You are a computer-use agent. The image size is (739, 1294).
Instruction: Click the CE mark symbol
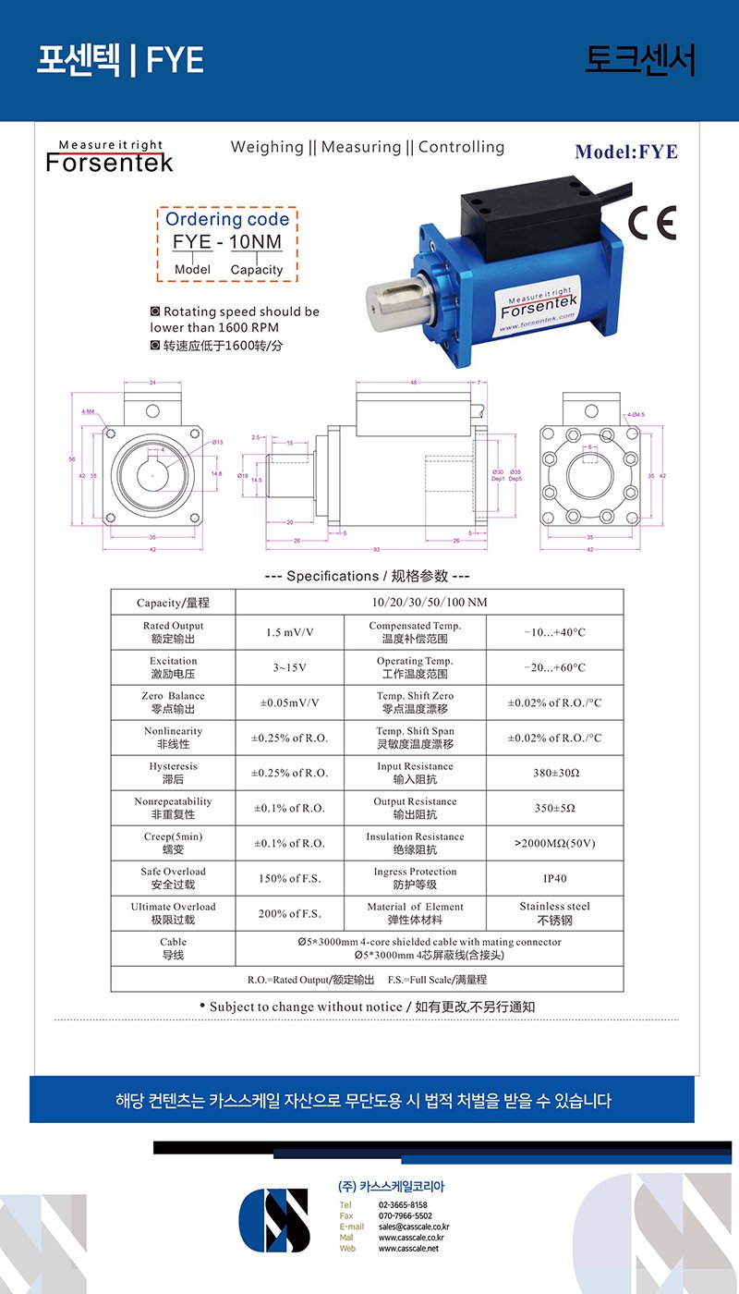[651, 223]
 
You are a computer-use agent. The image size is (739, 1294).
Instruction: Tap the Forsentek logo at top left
[110, 158]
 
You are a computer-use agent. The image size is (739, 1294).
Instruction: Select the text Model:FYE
[625, 152]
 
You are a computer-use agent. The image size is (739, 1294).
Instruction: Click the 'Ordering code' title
[227, 219]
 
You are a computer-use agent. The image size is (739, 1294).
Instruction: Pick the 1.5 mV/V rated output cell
[290, 632]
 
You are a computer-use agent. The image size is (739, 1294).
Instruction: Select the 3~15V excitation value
[290, 667]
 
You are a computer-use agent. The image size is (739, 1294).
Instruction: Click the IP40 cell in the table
[554, 878]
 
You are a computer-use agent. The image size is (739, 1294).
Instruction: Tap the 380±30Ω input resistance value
[554, 773]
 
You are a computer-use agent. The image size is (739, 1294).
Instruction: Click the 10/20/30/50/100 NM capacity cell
[429, 603]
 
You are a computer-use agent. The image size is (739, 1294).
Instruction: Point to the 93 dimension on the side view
[377, 551]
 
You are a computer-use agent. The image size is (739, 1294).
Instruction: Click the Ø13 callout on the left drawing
[218, 442]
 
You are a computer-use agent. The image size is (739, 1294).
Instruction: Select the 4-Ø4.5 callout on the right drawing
[636, 415]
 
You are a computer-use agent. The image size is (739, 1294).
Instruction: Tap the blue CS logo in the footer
[274, 1219]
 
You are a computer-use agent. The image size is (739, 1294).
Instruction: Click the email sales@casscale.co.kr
[414, 1227]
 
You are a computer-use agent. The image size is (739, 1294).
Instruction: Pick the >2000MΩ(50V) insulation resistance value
[554, 843]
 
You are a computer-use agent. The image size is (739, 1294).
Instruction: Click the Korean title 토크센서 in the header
[639, 60]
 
